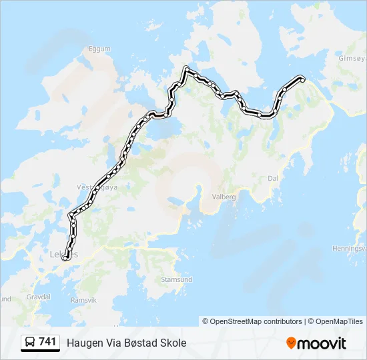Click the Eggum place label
pyautogui.click(x=99, y=49)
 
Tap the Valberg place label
pyautogui.click(x=225, y=197)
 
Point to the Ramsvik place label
pyautogui.click(x=83, y=300)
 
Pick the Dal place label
pyautogui.click(x=272, y=179)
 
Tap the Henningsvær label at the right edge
pyautogui.click(x=350, y=249)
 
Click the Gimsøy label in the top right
pyautogui.click(x=352, y=58)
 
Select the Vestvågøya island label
pyautogui.click(x=97, y=187)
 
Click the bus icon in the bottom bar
pyautogui.click(x=30, y=343)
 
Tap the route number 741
pyautogui.click(x=47, y=342)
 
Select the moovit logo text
pyautogui.click(x=322, y=343)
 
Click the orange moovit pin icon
pyautogui.click(x=291, y=343)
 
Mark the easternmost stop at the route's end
pyautogui.click(x=302, y=79)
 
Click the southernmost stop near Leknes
pyautogui.click(x=65, y=259)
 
